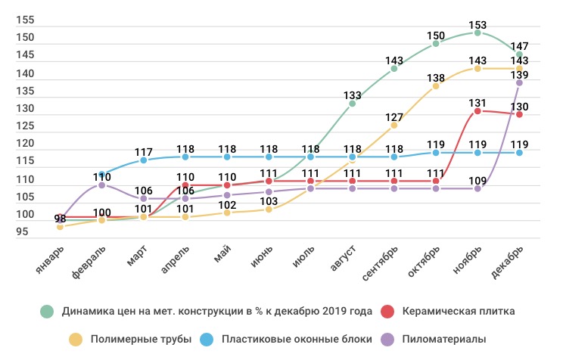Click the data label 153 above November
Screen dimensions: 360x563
pyautogui.click(x=477, y=23)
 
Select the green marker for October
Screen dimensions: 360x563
pyautogui.click(x=436, y=44)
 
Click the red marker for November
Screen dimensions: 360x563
pyautogui.click(x=477, y=111)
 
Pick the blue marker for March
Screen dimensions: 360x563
pyautogui.click(x=144, y=160)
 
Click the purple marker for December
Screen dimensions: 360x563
pyautogui.click(x=519, y=82)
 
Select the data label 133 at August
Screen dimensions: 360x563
pyautogui.click(x=353, y=95)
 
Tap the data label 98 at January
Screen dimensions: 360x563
pyautogui.click(x=61, y=219)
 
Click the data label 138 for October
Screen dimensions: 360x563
pyautogui.click(x=436, y=77)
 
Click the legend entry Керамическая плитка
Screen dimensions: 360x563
pyautogui.click(x=459, y=311)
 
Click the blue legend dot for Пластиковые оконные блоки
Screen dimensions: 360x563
pyautogui.click(x=207, y=340)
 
